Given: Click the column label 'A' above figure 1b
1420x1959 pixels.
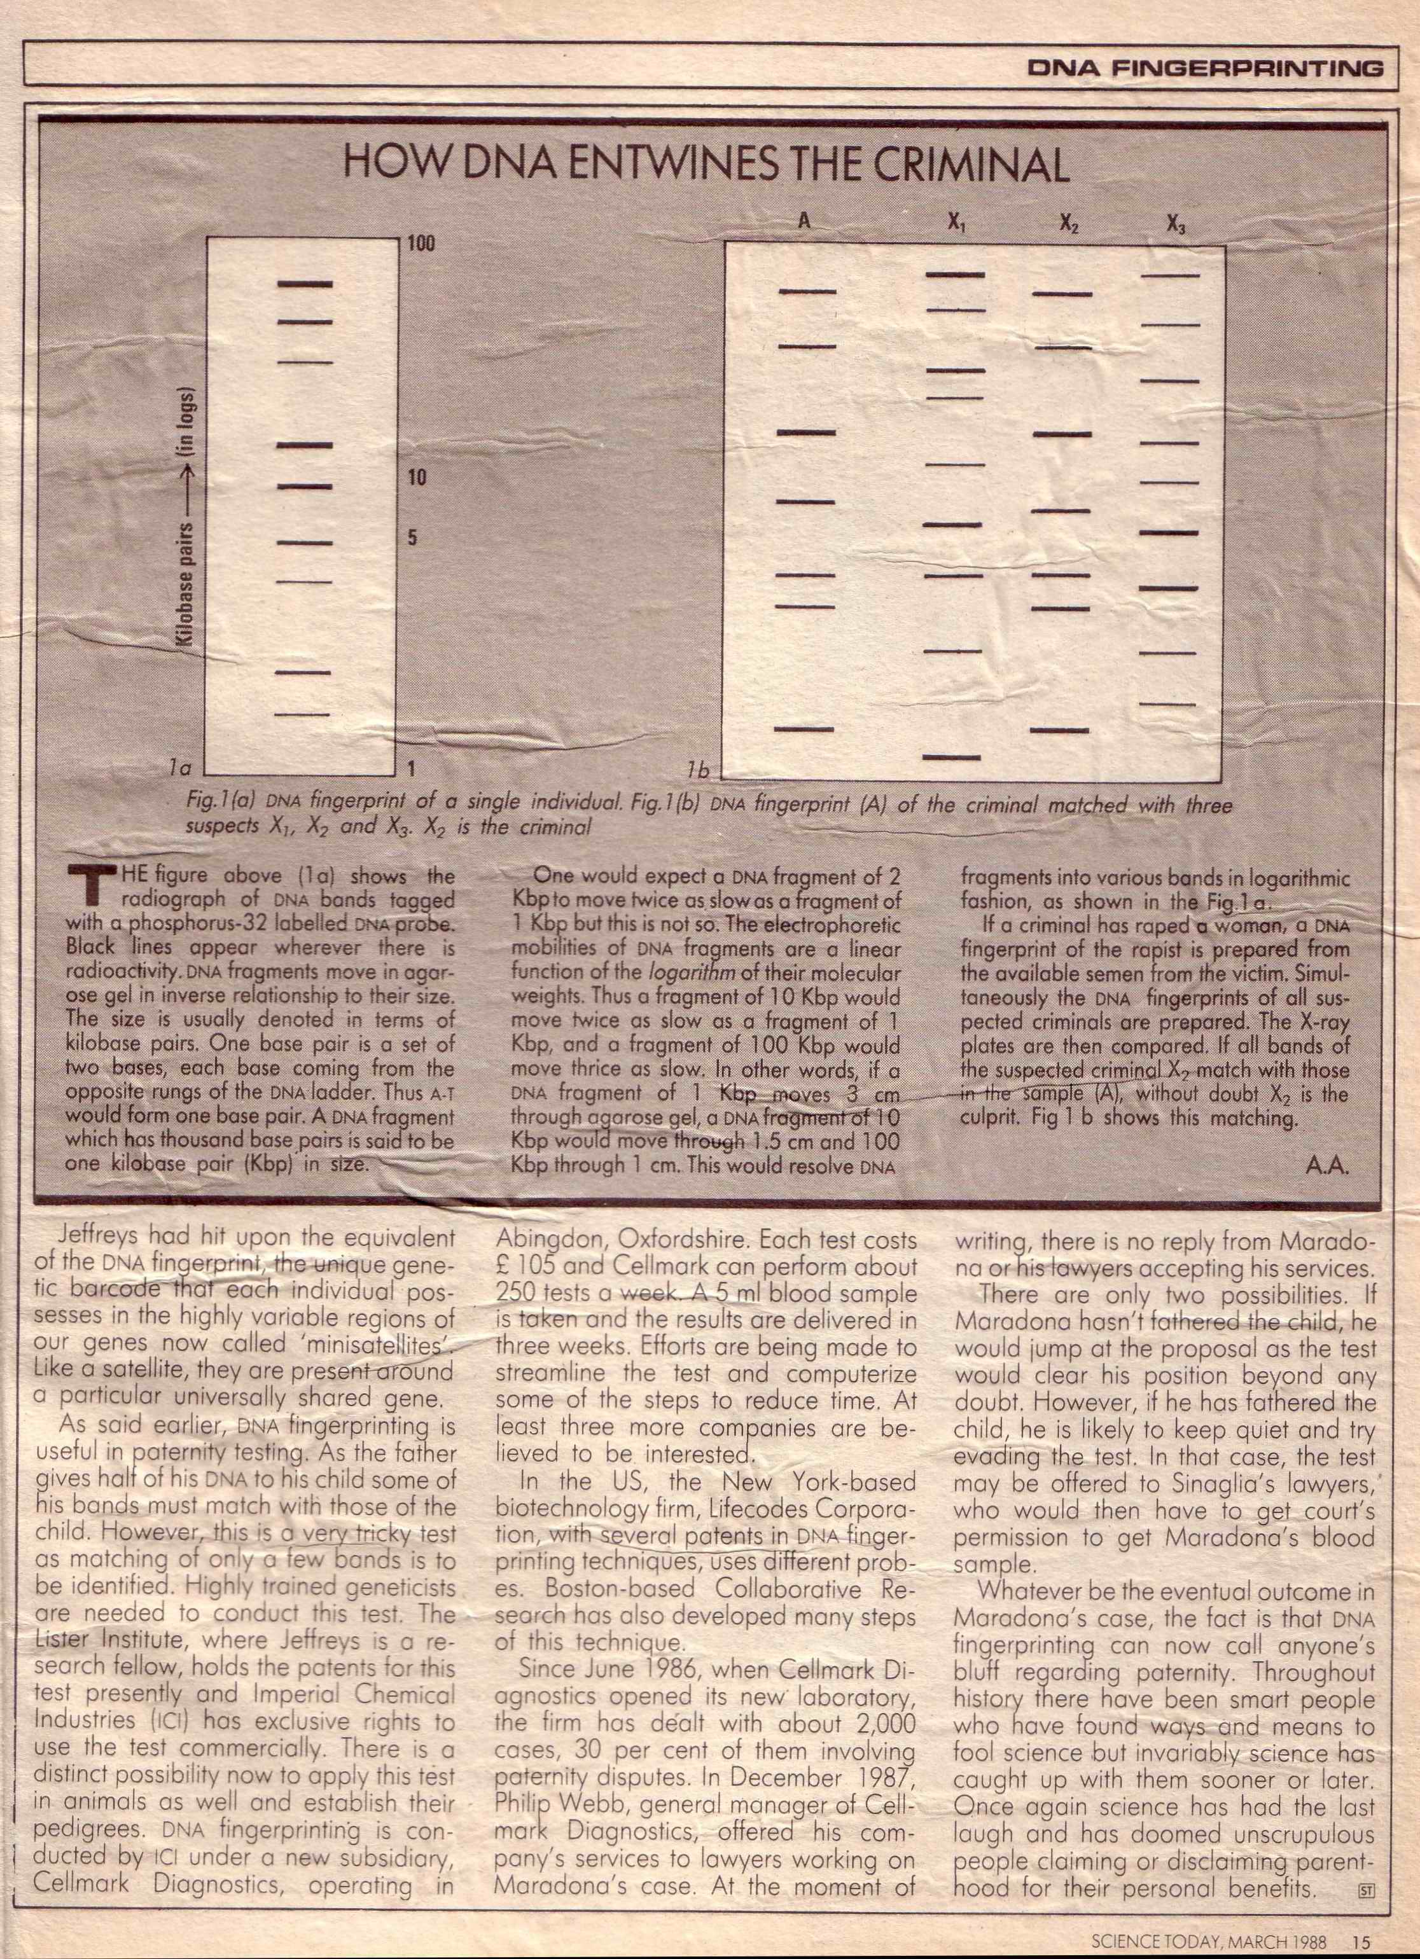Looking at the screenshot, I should tap(804, 221).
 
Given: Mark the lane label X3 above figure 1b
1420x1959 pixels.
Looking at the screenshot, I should tap(1176, 225).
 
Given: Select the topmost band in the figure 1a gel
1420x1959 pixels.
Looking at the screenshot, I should tap(304, 283).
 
